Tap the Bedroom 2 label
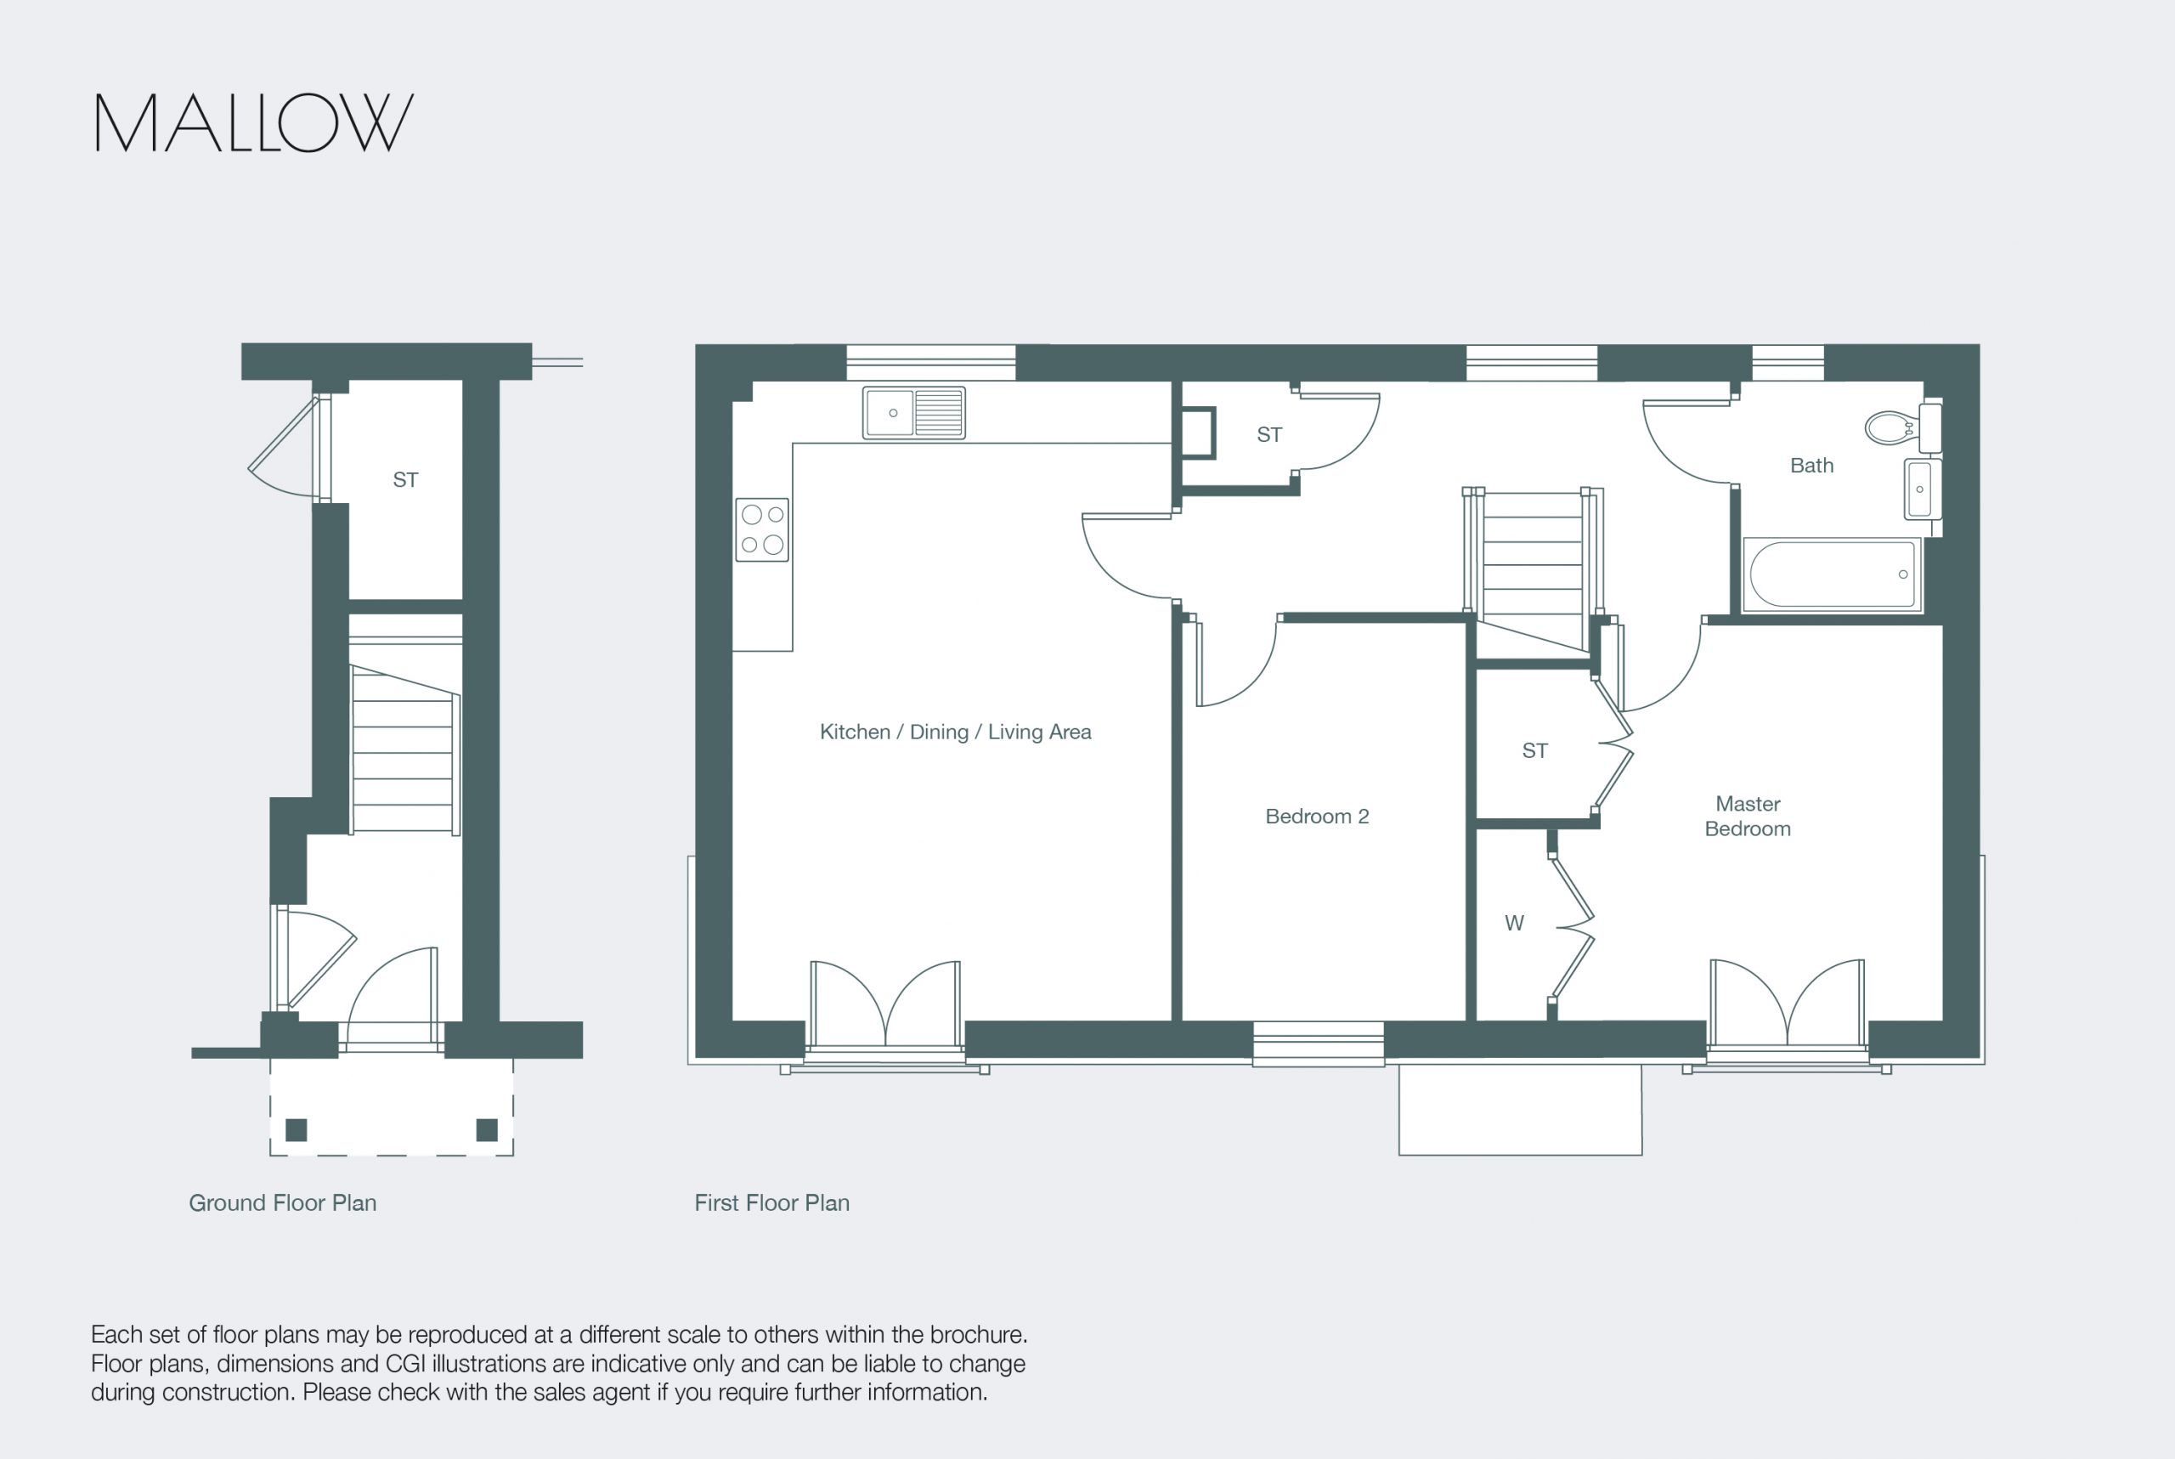point(1316,816)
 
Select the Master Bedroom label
point(1747,816)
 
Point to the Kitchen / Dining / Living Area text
point(956,732)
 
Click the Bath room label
point(1811,466)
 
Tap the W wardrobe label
point(1515,923)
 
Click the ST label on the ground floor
point(405,480)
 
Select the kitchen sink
point(913,412)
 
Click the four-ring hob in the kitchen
point(762,529)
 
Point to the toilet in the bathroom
point(1901,427)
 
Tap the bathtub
point(1832,574)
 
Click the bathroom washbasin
point(1922,489)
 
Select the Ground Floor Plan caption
point(283,1203)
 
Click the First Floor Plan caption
point(772,1203)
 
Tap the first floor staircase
point(1533,569)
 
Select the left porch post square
point(296,1130)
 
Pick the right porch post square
point(487,1130)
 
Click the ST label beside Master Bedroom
point(1535,751)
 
